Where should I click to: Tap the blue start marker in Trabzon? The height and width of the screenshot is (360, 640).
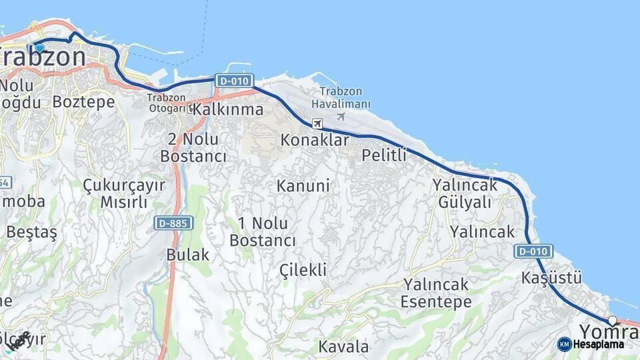pos(39,47)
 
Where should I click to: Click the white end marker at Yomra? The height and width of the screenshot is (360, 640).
pos(612,321)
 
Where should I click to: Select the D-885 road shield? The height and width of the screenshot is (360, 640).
pos(173,223)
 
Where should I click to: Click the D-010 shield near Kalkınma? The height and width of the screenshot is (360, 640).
pos(234,81)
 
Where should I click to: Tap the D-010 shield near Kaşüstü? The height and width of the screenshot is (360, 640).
pos(533,251)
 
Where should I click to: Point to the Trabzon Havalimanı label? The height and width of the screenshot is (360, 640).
pos(341,98)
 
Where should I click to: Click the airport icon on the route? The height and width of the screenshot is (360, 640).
pos(317,124)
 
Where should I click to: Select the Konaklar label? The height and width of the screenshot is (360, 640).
pos(315,141)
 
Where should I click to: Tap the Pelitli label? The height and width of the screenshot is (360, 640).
pos(384,155)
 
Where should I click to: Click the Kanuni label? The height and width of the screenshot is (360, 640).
pos(303,186)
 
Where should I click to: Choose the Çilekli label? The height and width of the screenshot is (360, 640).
pos(303,269)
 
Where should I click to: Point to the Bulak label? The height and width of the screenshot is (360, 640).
pos(188,255)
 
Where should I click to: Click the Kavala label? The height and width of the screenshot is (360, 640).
pos(343,347)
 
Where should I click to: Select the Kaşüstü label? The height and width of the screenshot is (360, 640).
pos(552,277)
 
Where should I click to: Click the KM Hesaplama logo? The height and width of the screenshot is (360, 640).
pos(591,344)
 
